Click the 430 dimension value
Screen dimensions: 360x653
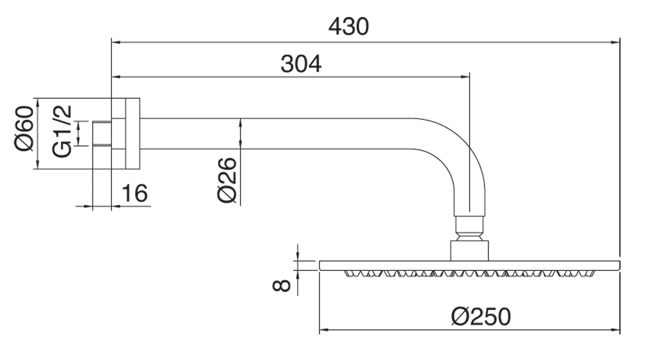348,27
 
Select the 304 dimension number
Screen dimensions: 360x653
301,64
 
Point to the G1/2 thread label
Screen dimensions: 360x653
63,131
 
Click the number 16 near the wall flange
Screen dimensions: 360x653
134,193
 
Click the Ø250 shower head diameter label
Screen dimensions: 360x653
481,316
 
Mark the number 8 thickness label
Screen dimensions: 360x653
282,285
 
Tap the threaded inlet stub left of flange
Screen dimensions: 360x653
102,134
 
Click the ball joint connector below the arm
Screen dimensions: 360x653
469,229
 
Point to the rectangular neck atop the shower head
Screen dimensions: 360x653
469,250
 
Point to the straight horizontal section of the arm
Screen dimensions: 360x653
277,133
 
